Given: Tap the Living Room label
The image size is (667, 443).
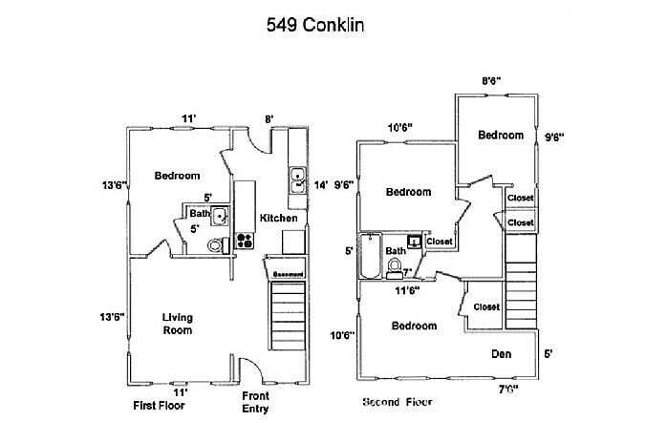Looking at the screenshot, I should coord(177,324).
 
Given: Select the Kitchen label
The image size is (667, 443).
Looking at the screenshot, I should coord(278,218).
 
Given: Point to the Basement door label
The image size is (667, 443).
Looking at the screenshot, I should coord(288,275).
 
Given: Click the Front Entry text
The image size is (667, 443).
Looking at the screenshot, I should coord(255,401).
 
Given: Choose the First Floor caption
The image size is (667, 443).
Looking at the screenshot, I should coord(159,405).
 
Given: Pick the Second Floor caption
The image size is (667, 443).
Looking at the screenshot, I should coord(403,402).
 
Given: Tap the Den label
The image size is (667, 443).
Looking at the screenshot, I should coord(502,354).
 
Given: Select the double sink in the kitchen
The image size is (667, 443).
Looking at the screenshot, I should coord(298,180).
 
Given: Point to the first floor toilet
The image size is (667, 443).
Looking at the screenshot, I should coord(216,245).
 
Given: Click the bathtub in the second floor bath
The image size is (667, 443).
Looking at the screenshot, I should coord(371,256).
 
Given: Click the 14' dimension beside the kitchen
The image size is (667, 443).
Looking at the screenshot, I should coord(321,184).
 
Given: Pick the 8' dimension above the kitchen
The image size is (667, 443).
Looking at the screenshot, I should coord(270,119).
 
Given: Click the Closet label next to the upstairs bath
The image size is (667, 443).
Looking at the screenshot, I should coord(440,242).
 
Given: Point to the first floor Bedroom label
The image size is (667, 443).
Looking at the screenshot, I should coord(177,175).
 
